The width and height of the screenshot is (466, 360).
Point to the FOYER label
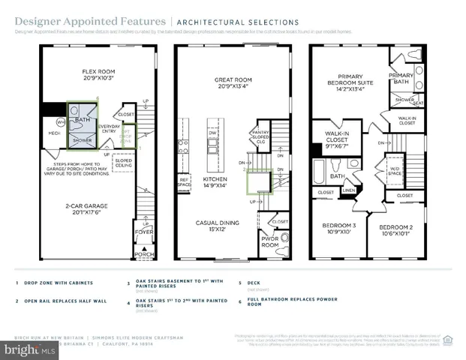[x=143, y=232]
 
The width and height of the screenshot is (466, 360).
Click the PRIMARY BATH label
[x=402, y=79]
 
